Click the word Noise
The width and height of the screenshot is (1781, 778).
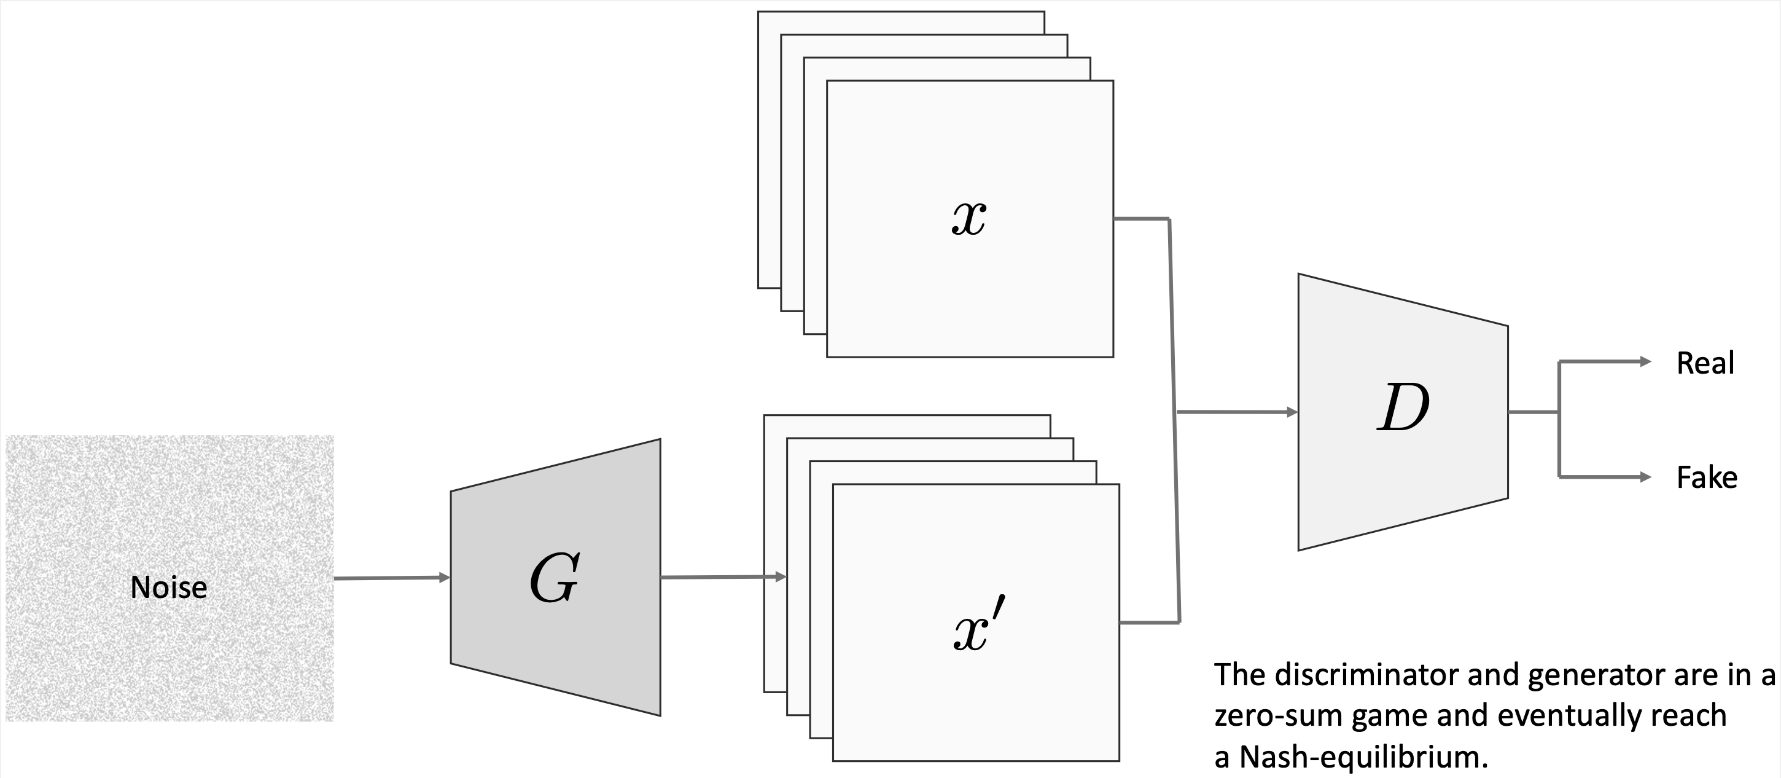click(x=169, y=587)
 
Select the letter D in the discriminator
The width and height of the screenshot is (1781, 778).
click(x=1403, y=408)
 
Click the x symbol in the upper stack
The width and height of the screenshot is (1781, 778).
click(x=968, y=220)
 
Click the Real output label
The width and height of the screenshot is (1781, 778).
click(x=1705, y=364)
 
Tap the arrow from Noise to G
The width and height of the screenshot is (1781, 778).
click(x=391, y=578)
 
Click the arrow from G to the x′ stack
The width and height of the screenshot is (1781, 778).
click(x=722, y=577)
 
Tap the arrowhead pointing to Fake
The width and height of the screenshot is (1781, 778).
click(x=1645, y=476)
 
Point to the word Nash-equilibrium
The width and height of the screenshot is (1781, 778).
click(x=1362, y=757)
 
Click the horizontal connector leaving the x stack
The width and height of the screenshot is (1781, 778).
click(x=1141, y=219)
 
